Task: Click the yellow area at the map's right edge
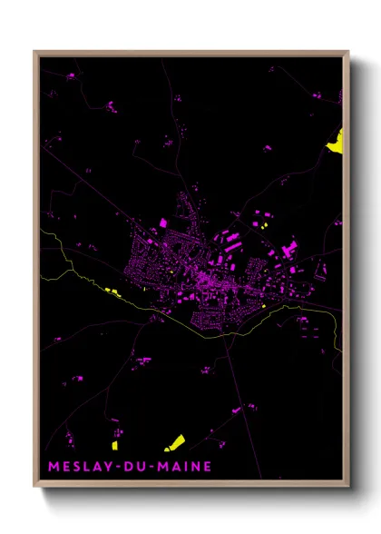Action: (337, 140)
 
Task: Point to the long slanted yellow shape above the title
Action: (174, 443)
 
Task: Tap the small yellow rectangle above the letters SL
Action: (115, 445)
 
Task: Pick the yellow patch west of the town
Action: (113, 291)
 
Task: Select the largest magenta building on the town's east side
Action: (290, 247)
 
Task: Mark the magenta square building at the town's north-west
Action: (163, 222)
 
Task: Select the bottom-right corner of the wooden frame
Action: (348, 487)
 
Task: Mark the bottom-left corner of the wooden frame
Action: (34, 487)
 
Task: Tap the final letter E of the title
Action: (208, 467)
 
